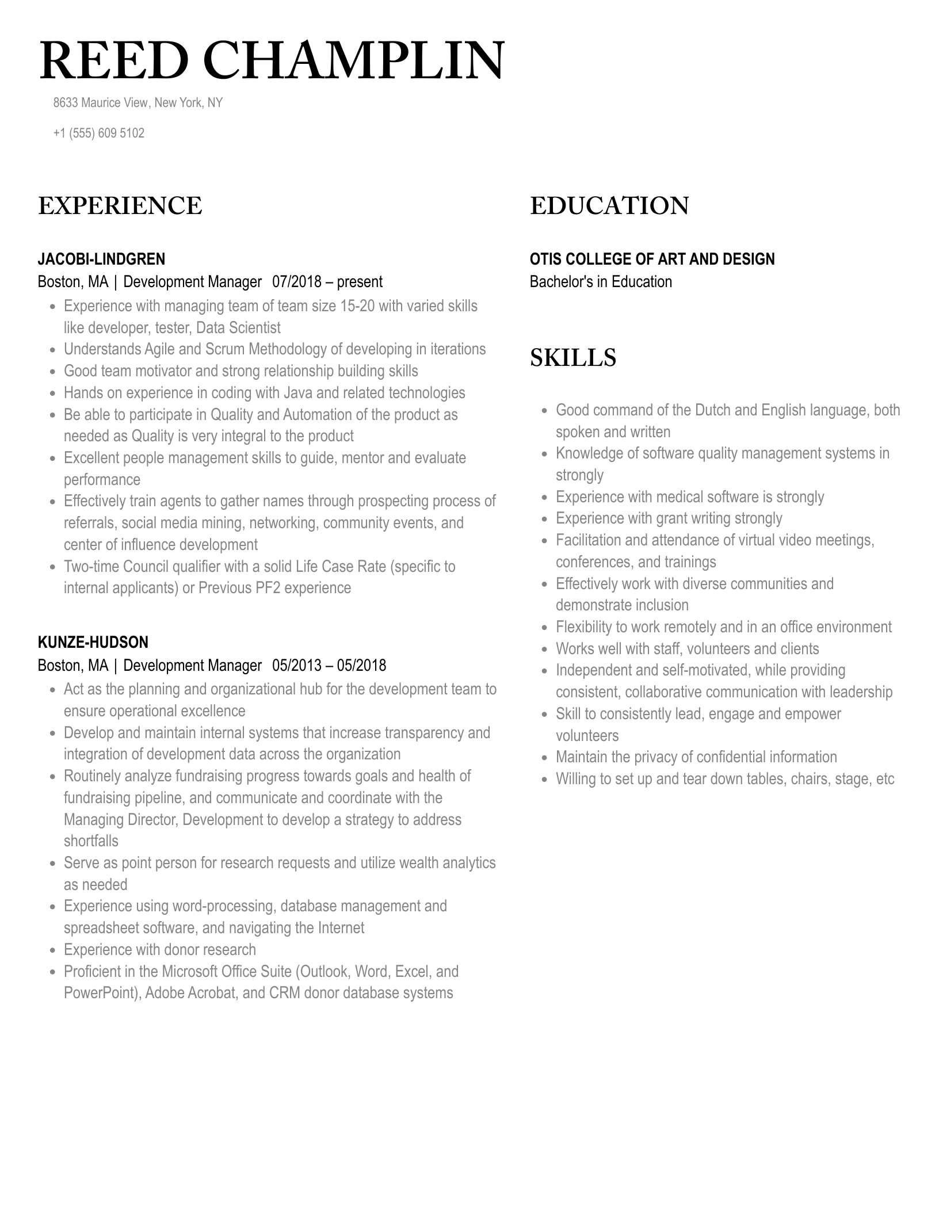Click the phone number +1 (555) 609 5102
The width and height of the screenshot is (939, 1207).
[x=99, y=133]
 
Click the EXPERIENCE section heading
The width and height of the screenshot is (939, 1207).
[x=120, y=206]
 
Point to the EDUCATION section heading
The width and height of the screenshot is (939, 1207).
[x=609, y=206]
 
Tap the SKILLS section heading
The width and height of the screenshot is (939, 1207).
[x=573, y=357]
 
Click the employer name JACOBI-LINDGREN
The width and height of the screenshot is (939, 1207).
[x=101, y=259]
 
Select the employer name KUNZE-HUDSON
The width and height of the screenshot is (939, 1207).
[x=93, y=642]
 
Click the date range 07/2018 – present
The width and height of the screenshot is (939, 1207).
[x=327, y=282]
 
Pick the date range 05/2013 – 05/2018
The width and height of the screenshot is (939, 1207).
[x=329, y=666]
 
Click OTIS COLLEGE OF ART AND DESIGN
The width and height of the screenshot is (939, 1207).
[x=652, y=259]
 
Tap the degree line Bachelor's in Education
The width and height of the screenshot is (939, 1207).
[x=601, y=282]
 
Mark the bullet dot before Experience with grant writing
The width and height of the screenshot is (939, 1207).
[x=544, y=520]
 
